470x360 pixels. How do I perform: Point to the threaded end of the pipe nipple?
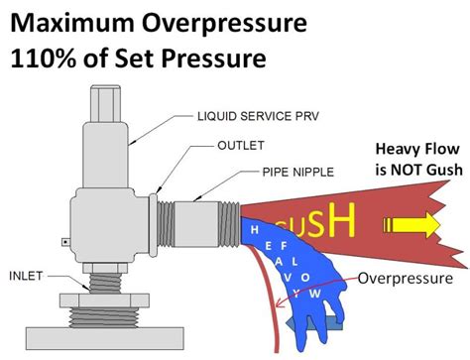230,207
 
